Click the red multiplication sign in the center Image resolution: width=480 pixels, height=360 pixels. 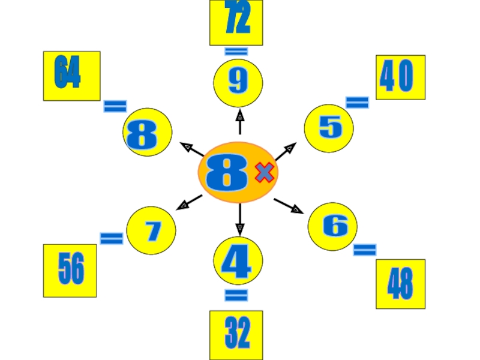pos(265,173)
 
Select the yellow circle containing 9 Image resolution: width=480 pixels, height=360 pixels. pos(238,83)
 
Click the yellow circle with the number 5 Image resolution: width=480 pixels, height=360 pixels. pos(329,128)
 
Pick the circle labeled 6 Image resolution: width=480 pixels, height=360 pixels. pos(332,226)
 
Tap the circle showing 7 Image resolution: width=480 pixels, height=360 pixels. pos(151,230)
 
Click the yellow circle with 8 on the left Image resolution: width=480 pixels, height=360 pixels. pos(147,133)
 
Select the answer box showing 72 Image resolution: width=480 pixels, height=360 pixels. pos(236,22)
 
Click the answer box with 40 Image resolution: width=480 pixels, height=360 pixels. pos(400,77)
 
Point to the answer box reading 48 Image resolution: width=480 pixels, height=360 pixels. pos(400,284)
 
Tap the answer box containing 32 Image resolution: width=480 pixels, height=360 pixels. pos(236,334)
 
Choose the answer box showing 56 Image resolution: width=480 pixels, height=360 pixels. pos(70,271)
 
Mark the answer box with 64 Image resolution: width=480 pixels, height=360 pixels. pos(71,76)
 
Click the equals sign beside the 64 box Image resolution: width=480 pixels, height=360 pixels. pos(115,107)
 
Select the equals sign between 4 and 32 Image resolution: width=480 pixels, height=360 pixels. pos(236,295)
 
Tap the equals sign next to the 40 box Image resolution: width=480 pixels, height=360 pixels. pos(357,103)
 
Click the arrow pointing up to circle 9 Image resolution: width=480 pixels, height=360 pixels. pos(240,121)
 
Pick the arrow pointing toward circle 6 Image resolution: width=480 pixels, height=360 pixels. pos(289,205)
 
